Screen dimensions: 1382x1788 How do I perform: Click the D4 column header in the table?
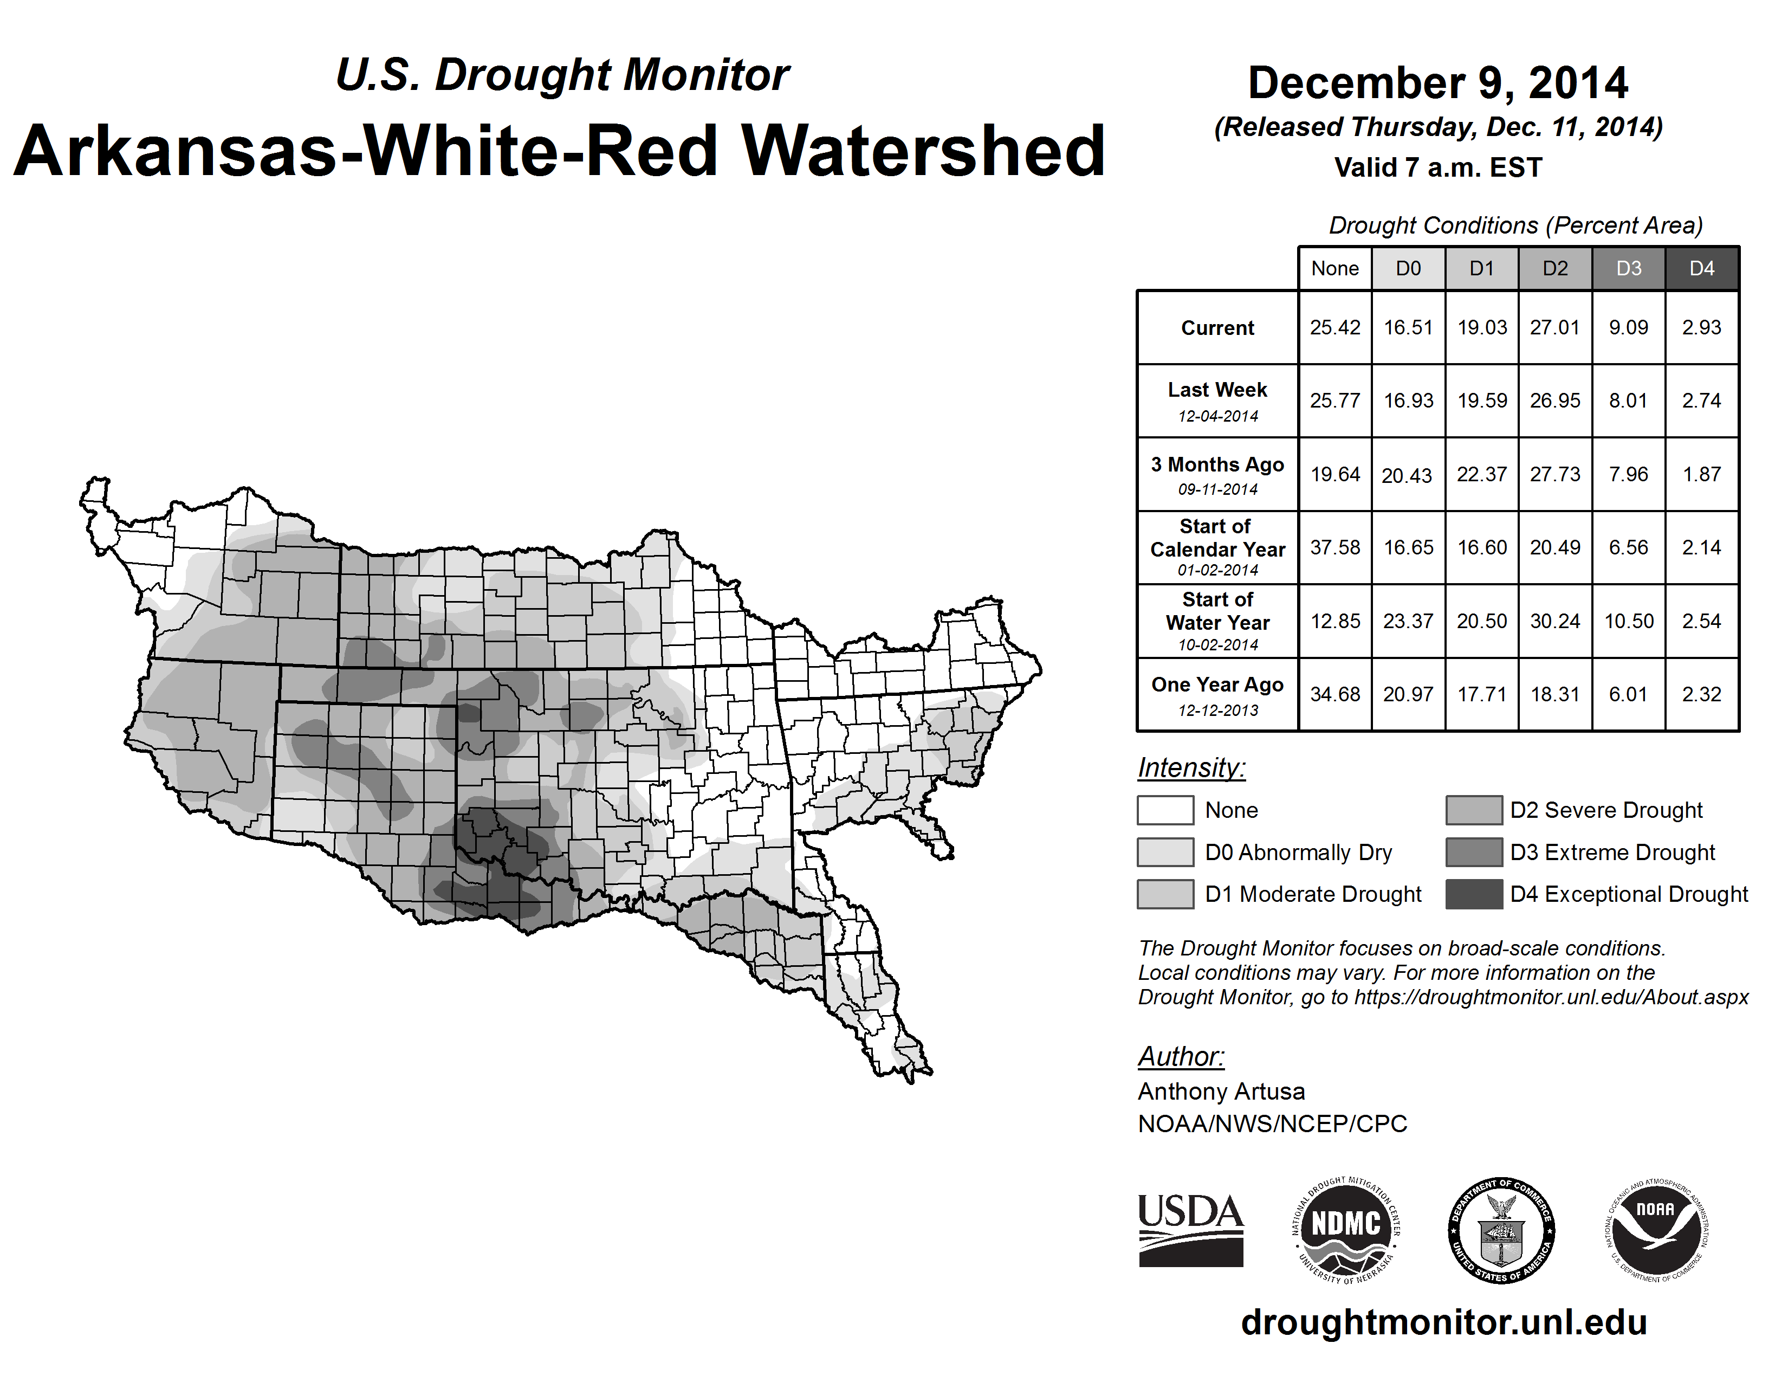1701,268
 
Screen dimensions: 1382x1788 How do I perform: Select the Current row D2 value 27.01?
1554,327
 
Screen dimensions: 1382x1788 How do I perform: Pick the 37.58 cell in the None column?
1334,547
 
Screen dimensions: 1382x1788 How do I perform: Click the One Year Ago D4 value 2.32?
1701,694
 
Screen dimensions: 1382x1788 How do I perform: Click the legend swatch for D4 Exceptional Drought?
1474,894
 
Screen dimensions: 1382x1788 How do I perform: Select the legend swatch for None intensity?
1165,810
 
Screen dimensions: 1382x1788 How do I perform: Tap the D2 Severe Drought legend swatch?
1474,810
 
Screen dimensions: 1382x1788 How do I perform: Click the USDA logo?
1190,1230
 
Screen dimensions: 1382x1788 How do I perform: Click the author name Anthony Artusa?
1221,1092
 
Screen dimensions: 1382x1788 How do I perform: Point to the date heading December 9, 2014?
1437,83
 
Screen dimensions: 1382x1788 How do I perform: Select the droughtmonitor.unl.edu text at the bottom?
1443,1323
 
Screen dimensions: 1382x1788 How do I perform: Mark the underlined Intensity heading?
1191,768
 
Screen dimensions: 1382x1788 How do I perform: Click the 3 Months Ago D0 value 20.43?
1407,475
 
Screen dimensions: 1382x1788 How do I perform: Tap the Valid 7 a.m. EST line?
1437,168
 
